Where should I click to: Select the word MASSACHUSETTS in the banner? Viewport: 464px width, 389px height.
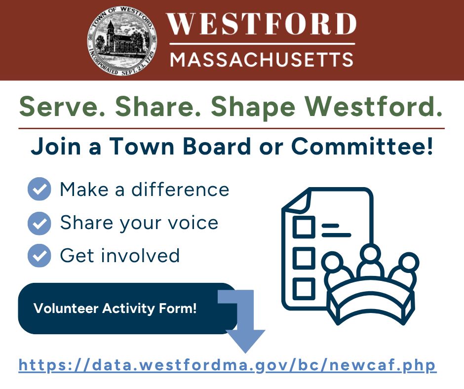[x=262, y=60]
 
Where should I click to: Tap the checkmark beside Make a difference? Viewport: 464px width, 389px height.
[x=39, y=189]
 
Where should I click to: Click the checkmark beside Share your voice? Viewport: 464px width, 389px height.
[x=39, y=223]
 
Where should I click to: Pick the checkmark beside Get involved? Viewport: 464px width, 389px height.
[x=39, y=256]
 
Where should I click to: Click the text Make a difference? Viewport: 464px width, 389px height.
[x=144, y=190]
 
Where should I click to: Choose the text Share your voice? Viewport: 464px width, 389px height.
[x=139, y=223]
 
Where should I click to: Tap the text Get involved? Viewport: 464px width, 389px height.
[x=119, y=256]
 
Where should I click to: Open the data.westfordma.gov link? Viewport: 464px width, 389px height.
[x=228, y=366]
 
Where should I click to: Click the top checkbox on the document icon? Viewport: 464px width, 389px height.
[x=304, y=227]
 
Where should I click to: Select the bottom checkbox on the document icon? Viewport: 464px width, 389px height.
[x=304, y=288]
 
